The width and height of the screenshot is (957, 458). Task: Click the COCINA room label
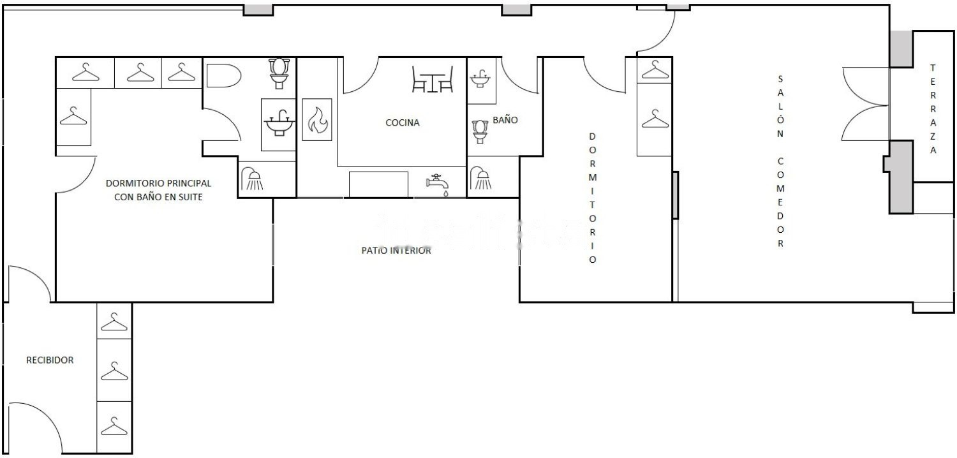(x=403, y=123)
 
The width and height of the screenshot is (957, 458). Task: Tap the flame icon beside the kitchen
(x=318, y=120)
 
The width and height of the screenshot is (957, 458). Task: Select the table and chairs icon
(x=433, y=79)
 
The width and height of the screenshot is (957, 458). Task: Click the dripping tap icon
(x=438, y=184)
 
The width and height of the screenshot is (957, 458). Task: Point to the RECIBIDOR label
(x=50, y=360)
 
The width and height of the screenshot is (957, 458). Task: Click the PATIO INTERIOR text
(x=396, y=250)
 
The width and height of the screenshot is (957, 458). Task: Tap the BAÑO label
(x=505, y=120)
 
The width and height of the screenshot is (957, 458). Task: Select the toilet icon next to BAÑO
(x=480, y=131)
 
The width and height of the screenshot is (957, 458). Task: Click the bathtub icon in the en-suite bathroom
(x=224, y=76)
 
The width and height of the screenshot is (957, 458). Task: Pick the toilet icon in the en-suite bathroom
(x=279, y=73)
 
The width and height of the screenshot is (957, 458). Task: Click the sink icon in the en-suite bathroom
(x=279, y=123)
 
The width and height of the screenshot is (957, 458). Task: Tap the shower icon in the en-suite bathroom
(x=253, y=179)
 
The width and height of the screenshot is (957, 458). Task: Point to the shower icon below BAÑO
(x=481, y=178)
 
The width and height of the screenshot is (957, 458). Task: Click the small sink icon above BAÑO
(x=480, y=78)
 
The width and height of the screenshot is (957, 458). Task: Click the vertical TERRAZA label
(x=933, y=109)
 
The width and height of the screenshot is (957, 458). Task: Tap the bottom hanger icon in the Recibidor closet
(x=114, y=426)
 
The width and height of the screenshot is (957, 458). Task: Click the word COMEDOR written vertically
(x=780, y=202)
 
